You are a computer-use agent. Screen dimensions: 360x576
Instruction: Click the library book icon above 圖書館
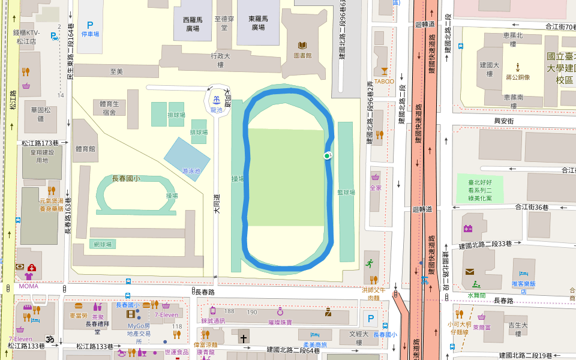point(302,46)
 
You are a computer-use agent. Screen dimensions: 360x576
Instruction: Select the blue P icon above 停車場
point(90,25)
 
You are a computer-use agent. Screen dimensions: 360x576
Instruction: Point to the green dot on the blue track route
point(327,156)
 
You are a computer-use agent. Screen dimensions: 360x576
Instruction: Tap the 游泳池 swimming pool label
point(191,171)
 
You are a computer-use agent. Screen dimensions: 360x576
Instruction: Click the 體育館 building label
point(85,148)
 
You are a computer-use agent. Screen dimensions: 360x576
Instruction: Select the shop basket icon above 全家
point(376,178)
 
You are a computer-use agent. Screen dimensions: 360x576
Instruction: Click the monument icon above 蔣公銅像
point(517,67)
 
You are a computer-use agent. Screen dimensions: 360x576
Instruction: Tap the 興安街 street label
point(504,121)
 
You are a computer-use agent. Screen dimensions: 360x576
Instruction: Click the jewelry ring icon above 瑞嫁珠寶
point(280,312)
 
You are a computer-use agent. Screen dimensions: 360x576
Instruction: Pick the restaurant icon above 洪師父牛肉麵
point(374,279)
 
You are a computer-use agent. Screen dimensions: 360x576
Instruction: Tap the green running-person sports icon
point(369,263)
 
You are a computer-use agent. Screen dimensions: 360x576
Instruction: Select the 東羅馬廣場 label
point(258,23)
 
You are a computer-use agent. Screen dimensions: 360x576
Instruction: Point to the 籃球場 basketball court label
point(346,193)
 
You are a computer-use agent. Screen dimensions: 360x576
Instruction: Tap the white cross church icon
point(244,338)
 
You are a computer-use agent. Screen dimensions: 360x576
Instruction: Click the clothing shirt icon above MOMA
point(29,277)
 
